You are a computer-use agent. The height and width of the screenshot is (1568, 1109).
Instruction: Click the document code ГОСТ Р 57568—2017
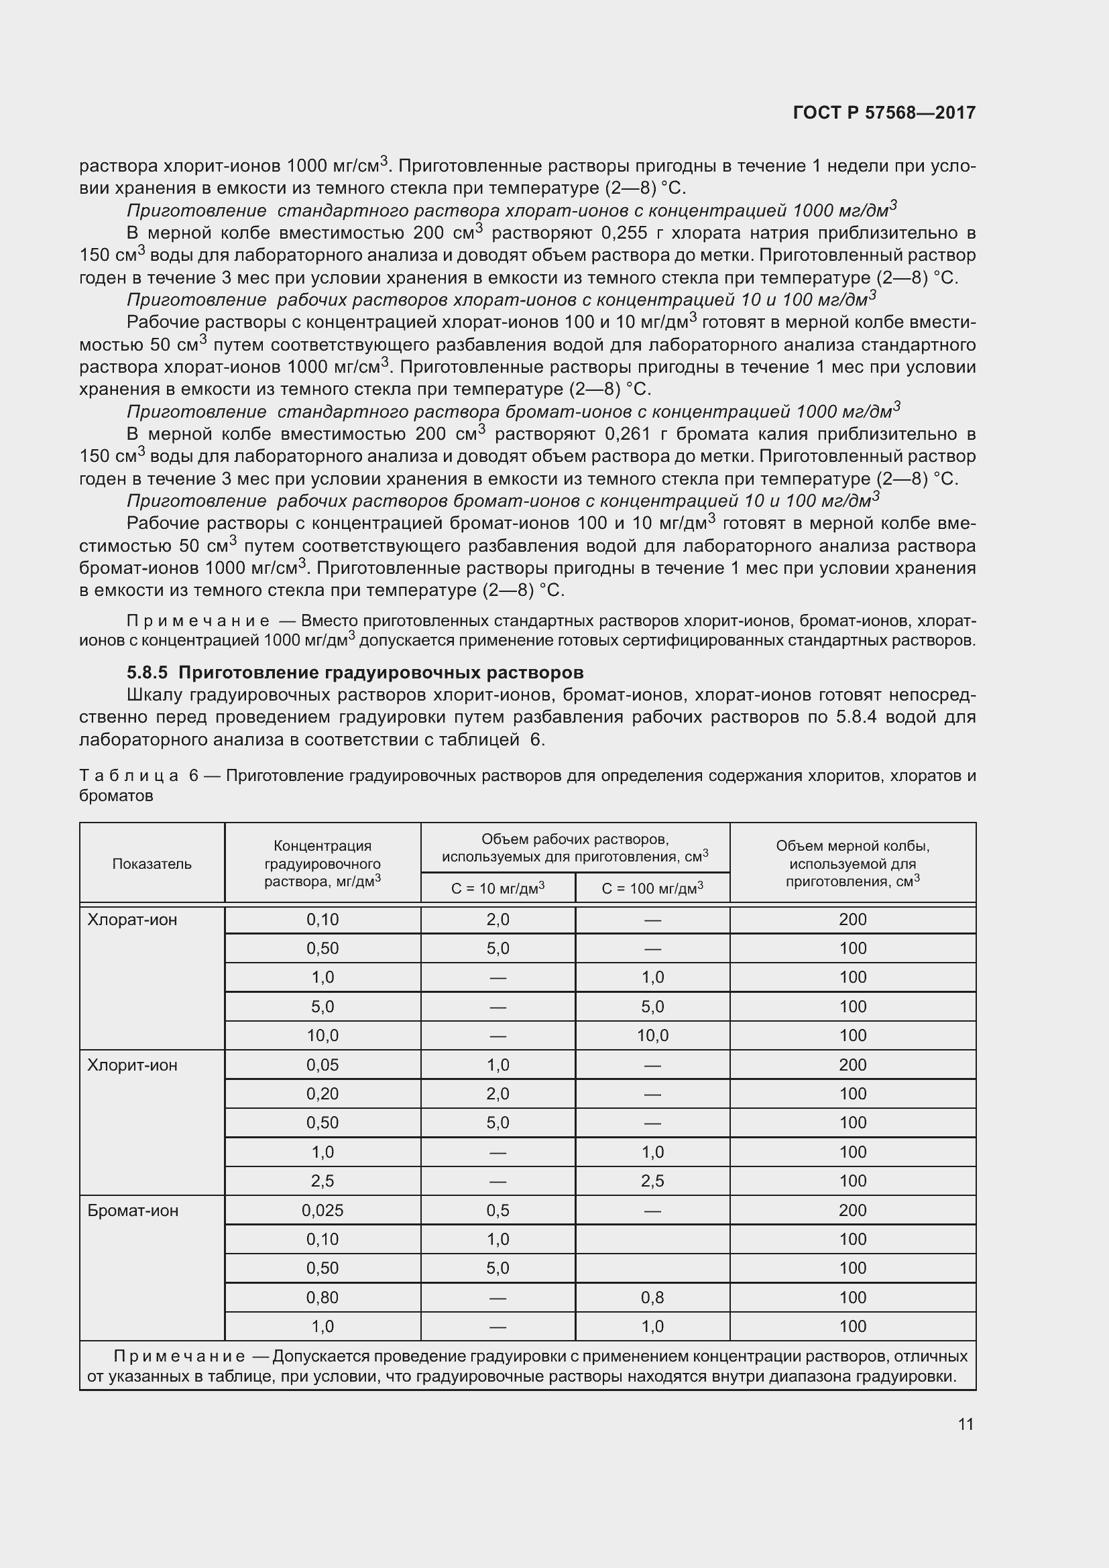point(884,113)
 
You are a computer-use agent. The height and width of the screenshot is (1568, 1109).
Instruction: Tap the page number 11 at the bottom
point(966,1424)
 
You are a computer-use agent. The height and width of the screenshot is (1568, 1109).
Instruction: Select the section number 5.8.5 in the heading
point(147,672)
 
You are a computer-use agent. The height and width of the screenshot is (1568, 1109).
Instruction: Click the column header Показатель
point(152,864)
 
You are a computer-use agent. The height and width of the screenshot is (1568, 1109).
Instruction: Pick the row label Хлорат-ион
point(132,920)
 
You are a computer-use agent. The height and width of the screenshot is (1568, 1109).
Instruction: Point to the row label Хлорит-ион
point(132,1065)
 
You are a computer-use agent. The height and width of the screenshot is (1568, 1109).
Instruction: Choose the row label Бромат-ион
point(133,1211)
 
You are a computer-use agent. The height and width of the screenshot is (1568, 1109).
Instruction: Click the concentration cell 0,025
point(323,1211)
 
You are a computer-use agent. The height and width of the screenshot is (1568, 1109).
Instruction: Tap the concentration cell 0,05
point(323,1065)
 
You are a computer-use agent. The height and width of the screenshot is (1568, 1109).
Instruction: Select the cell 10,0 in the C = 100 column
point(652,1036)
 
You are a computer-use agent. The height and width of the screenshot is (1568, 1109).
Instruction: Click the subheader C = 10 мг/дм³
point(498,888)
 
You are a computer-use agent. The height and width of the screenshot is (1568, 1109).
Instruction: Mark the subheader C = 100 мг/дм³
point(652,888)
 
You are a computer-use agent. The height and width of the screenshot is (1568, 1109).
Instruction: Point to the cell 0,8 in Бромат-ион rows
point(652,1298)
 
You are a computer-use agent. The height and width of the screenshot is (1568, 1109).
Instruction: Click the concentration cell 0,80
point(323,1298)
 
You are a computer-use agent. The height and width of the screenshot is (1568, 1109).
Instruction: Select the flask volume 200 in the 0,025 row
point(852,1211)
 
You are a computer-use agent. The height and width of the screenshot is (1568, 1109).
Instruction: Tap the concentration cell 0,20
point(323,1094)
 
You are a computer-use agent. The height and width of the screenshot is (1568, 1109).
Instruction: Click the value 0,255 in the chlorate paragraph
point(624,233)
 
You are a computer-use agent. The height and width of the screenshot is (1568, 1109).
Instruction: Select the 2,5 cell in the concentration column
point(323,1181)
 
